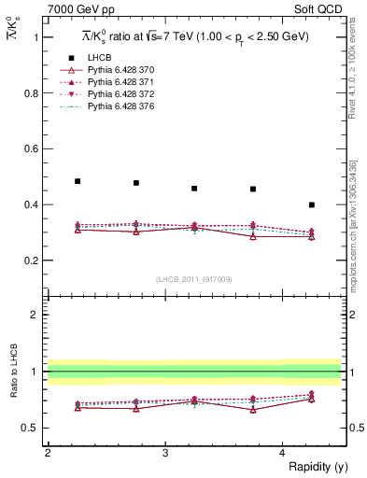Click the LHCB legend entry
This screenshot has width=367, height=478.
point(99,58)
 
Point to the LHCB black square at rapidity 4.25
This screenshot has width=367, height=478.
point(312,204)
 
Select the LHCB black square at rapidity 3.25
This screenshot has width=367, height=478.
point(194,189)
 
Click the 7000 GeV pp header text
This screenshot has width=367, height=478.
point(81,8)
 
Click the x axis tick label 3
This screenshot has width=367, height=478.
point(165,453)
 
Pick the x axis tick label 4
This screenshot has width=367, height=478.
point(283,453)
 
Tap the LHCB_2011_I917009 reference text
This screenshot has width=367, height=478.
point(195,279)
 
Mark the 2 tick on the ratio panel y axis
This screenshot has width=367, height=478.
point(36,316)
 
